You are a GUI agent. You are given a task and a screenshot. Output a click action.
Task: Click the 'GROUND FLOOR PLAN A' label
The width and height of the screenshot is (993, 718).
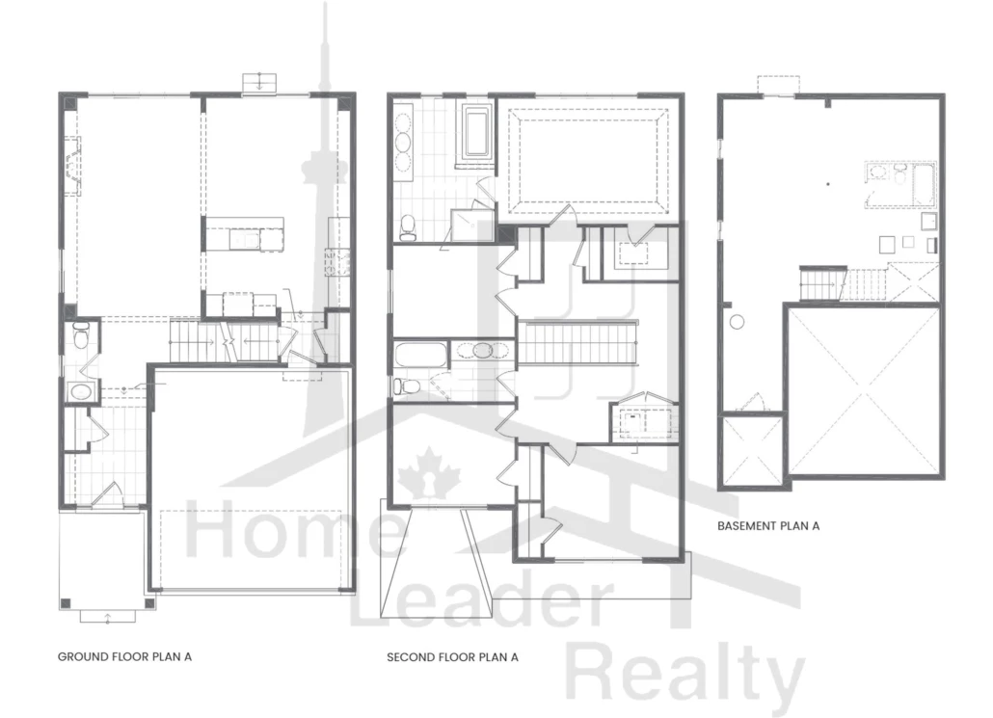[x=124, y=656]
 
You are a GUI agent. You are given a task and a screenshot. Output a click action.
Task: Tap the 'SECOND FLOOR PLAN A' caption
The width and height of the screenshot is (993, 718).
[x=453, y=657]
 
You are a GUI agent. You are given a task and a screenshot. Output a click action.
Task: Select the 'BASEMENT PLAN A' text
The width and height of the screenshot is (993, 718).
[x=768, y=525]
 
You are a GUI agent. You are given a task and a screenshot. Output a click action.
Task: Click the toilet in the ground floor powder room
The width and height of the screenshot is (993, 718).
[x=81, y=335]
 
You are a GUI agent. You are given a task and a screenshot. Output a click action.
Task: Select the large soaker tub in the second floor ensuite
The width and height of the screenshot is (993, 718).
[x=476, y=132]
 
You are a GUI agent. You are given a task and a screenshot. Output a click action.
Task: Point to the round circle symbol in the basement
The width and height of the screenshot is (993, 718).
[x=737, y=322]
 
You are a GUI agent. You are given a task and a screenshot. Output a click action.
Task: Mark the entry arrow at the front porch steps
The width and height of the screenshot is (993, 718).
[x=107, y=616]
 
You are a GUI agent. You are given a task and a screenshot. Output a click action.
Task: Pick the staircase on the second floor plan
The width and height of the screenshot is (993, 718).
[x=577, y=343]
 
